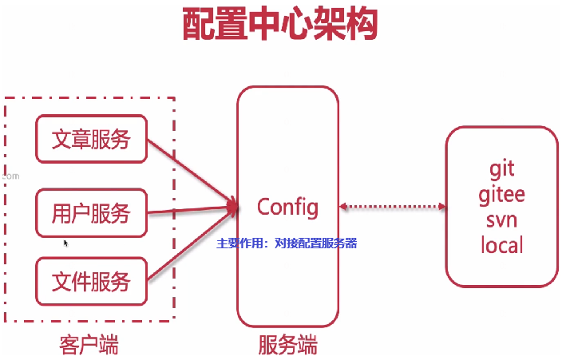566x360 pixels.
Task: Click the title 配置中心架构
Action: [x=279, y=26]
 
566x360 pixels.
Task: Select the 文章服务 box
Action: [x=91, y=140]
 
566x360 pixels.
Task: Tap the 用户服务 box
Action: [x=91, y=213]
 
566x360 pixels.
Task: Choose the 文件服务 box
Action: [x=91, y=282]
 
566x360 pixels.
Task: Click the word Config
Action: [x=287, y=208]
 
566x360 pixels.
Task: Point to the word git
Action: [x=501, y=169]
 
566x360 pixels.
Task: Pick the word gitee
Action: [x=501, y=194]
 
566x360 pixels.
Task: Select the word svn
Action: [x=501, y=219]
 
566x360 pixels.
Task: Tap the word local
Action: [x=501, y=244]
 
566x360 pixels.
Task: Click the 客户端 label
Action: [x=89, y=346]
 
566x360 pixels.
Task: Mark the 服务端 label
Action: [x=287, y=346]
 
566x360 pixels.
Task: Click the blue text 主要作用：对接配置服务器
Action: [x=287, y=243]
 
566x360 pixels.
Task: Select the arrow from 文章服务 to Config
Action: [x=192, y=171]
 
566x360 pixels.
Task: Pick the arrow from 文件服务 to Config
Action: [x=192, y=248]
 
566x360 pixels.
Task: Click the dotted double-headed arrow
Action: [x=392, y=208]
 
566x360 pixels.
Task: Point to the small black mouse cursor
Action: [x=65, y=242]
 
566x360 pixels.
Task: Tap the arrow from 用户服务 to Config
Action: [x=192, y=211]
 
